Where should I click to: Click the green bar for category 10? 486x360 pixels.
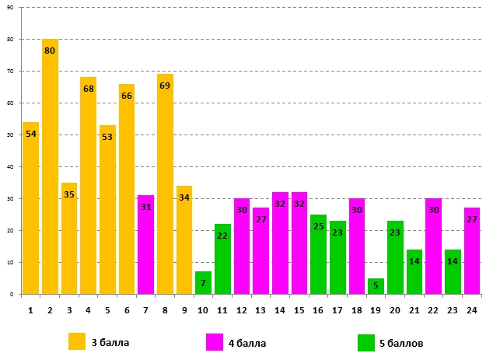[203, 283]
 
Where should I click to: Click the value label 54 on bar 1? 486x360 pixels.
[31, 134]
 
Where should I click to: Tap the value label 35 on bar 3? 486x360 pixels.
[69, 194]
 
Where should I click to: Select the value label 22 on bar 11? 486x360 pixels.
[222, 236]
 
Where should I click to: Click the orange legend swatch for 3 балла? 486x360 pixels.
[77, 341]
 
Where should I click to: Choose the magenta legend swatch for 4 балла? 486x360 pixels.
[214, 341]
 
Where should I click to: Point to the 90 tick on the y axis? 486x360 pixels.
[15, 8]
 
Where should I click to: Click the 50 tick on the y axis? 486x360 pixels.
[15, 135]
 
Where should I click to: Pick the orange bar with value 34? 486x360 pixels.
[184, 240]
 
